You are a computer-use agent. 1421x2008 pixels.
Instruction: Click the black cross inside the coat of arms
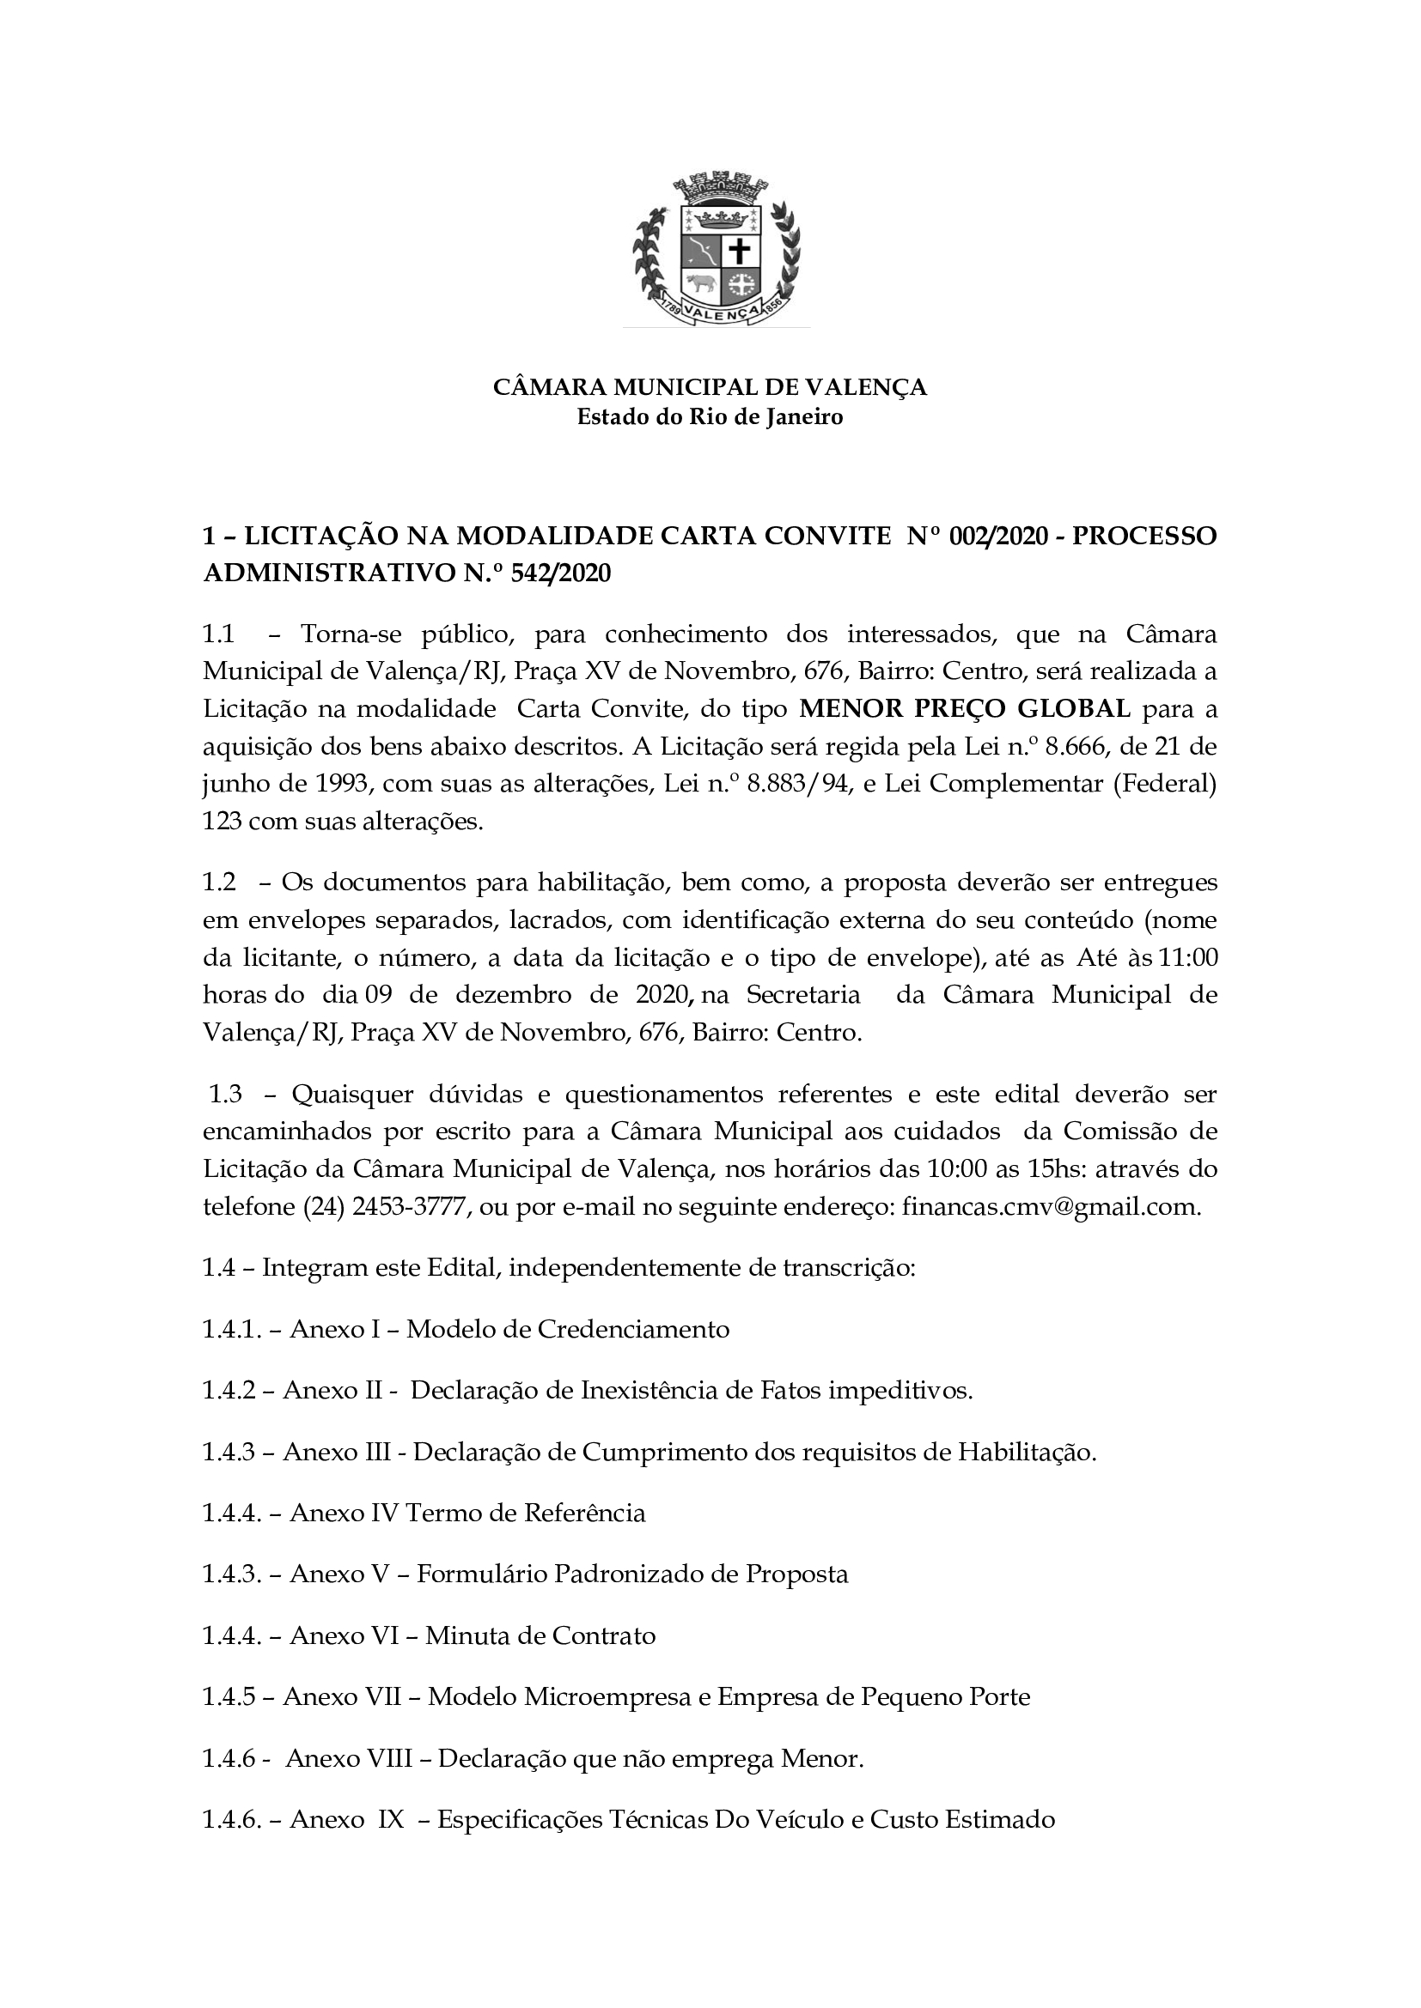[741, 252]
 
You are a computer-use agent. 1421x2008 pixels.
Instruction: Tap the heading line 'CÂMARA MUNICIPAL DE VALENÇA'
[710, 387]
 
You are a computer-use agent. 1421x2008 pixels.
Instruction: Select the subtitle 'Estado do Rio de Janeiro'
[710, 417]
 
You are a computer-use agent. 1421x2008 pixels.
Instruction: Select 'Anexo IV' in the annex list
[344, 1514]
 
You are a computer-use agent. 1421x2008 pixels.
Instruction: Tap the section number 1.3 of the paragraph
[226, 1094]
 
